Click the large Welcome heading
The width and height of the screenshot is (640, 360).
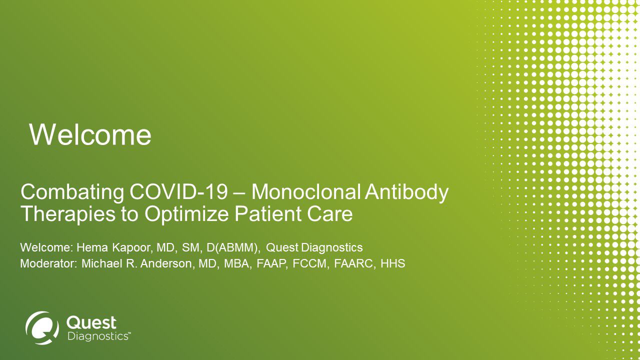(x=90, y=135)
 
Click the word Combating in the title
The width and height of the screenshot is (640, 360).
(x=72, y=193)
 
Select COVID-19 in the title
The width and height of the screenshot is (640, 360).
(x=178, y=192)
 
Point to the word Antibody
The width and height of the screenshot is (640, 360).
(x=407, y=193)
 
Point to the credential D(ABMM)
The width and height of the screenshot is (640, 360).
(x=233, y=248)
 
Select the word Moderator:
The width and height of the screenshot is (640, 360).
(x=49, y=263)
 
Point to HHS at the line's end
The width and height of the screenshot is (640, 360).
(x=393, y=263)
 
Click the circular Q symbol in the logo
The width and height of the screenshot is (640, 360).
(x=42, y=327)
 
